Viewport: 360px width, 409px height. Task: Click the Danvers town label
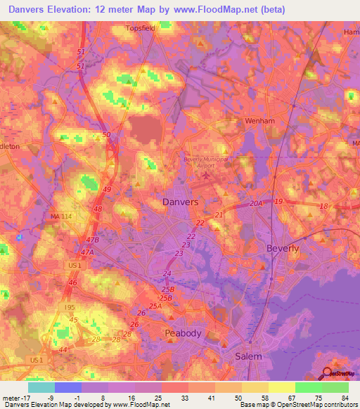click(180, 202)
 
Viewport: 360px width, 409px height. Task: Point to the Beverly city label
click(283, 248)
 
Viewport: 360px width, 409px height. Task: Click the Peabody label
click(183, 332)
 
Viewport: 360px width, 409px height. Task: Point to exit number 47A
click(87, 252)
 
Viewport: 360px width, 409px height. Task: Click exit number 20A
click(255, 203)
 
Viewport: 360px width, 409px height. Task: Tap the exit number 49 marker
click(107, 190)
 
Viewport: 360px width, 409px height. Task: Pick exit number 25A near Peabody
click(155, 306)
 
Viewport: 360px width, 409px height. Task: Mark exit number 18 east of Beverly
click(323, 205)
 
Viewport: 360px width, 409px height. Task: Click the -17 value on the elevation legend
click(20, 398)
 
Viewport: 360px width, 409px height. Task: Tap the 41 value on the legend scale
click(210, 398)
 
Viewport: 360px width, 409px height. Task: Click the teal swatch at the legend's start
click(41, 387)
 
